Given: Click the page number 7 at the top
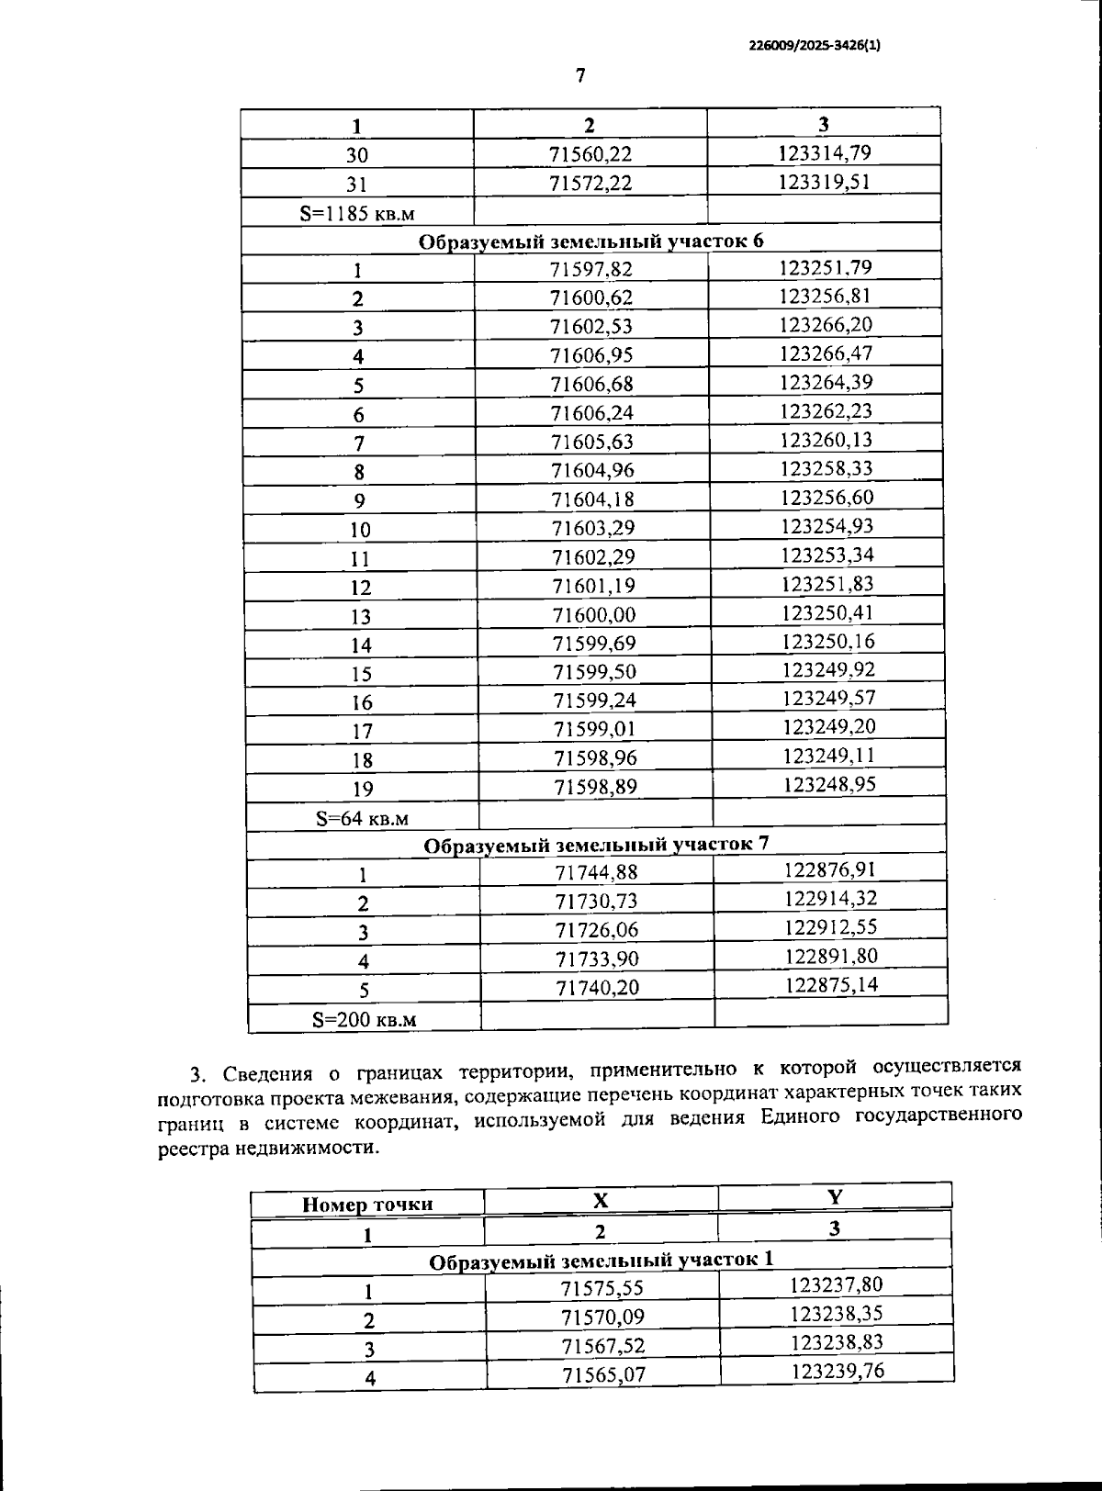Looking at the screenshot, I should [579, 75].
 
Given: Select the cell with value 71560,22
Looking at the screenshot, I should [590, 154].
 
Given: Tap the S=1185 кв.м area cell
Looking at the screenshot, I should [356, 213].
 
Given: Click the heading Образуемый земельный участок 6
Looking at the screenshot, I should [590, 241].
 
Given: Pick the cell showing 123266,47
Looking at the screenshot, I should [826, 353].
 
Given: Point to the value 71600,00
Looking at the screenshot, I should [593, 614].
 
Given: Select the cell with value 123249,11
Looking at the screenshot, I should [828, 756].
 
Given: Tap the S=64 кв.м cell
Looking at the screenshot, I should [362, 817].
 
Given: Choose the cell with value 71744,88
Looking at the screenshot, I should [596, 872].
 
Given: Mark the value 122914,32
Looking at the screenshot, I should [830, 898].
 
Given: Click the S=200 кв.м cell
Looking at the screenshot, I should [364, 1018].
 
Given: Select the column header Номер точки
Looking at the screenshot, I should [367, 1204].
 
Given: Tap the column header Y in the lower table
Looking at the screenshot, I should [834, 1196].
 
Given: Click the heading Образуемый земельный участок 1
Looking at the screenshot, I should [602, 1261].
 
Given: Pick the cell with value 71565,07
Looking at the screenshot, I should [602, 1374].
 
